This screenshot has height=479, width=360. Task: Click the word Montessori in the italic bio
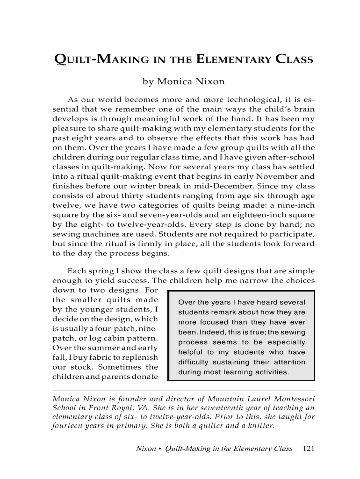tap(290, 399)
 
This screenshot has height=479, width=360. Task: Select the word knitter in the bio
tap(260, 426)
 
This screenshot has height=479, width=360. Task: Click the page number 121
tap(309, 449)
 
